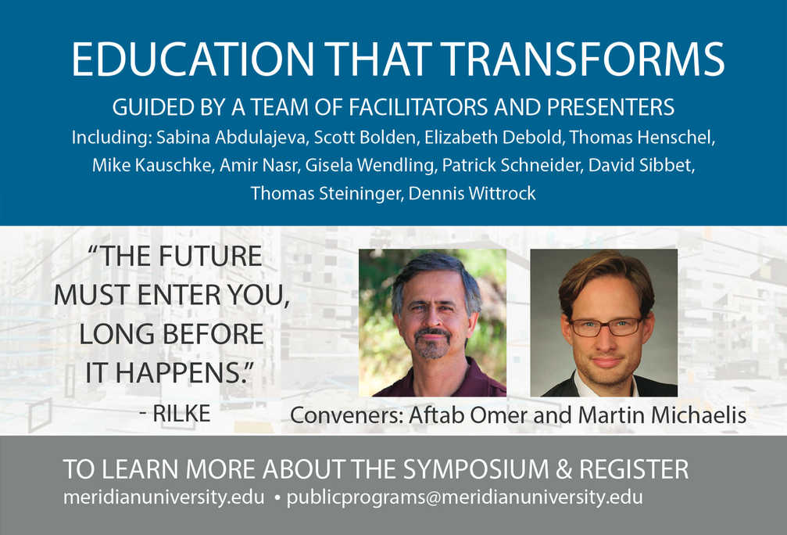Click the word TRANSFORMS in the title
point(585,59)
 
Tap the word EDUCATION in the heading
point(193,59)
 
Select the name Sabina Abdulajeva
point(231,137)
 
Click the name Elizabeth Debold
point(492,137)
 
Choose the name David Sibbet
point(641,165)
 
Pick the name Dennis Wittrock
point(472,193)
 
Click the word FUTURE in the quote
point(209,257)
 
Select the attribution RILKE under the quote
point(181,414)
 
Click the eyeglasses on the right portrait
point(606,327)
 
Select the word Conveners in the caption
point(347,415)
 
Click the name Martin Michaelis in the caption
point(662,415)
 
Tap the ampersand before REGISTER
point(563,469)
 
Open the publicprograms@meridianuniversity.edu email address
point(464,497)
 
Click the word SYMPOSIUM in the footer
point(476,469)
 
